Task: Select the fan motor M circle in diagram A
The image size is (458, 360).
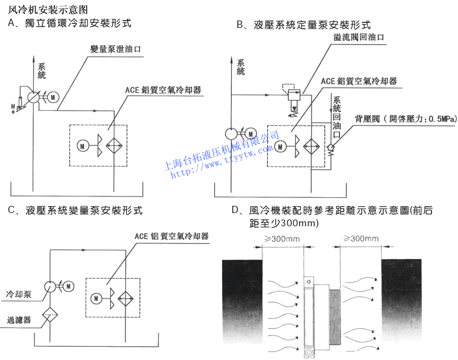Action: tap(83, 146)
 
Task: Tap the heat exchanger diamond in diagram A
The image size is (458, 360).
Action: tap(114, 146)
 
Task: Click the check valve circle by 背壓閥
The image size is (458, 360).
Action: tap(331, 147)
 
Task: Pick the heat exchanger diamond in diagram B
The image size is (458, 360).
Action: tap(311, 146)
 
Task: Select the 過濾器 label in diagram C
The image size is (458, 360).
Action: tap(18, 320)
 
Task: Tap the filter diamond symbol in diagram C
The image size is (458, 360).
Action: tap(49, 314)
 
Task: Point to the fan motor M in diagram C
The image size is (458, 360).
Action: tap(96, 298)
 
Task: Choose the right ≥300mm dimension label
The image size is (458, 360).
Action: tap(360, 239)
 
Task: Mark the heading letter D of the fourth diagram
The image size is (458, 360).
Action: tap(236, 210)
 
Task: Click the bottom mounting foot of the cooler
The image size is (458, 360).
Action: tap(310, 352)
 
